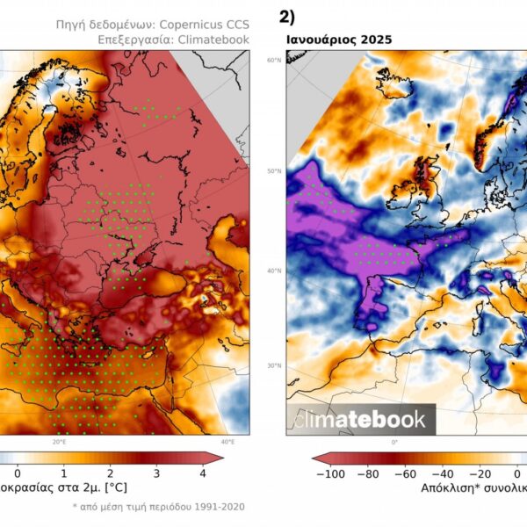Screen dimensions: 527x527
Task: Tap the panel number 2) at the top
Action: pyautogui.click(x=286, y=16)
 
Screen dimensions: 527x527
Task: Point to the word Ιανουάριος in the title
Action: pyautogui.click(x=321, y=40)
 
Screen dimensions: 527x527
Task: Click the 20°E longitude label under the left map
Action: pyautogui.click(x=59, y=442)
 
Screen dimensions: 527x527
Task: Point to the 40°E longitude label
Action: pyautogui.click(x=227, y=442)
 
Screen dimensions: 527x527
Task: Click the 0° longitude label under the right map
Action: pyautogui.click(x=394, y=442)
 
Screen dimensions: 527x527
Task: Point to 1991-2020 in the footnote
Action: pyautogui.click(x=219, y=507)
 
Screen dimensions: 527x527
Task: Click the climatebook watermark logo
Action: pyautogui.click(x=360, y=420)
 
